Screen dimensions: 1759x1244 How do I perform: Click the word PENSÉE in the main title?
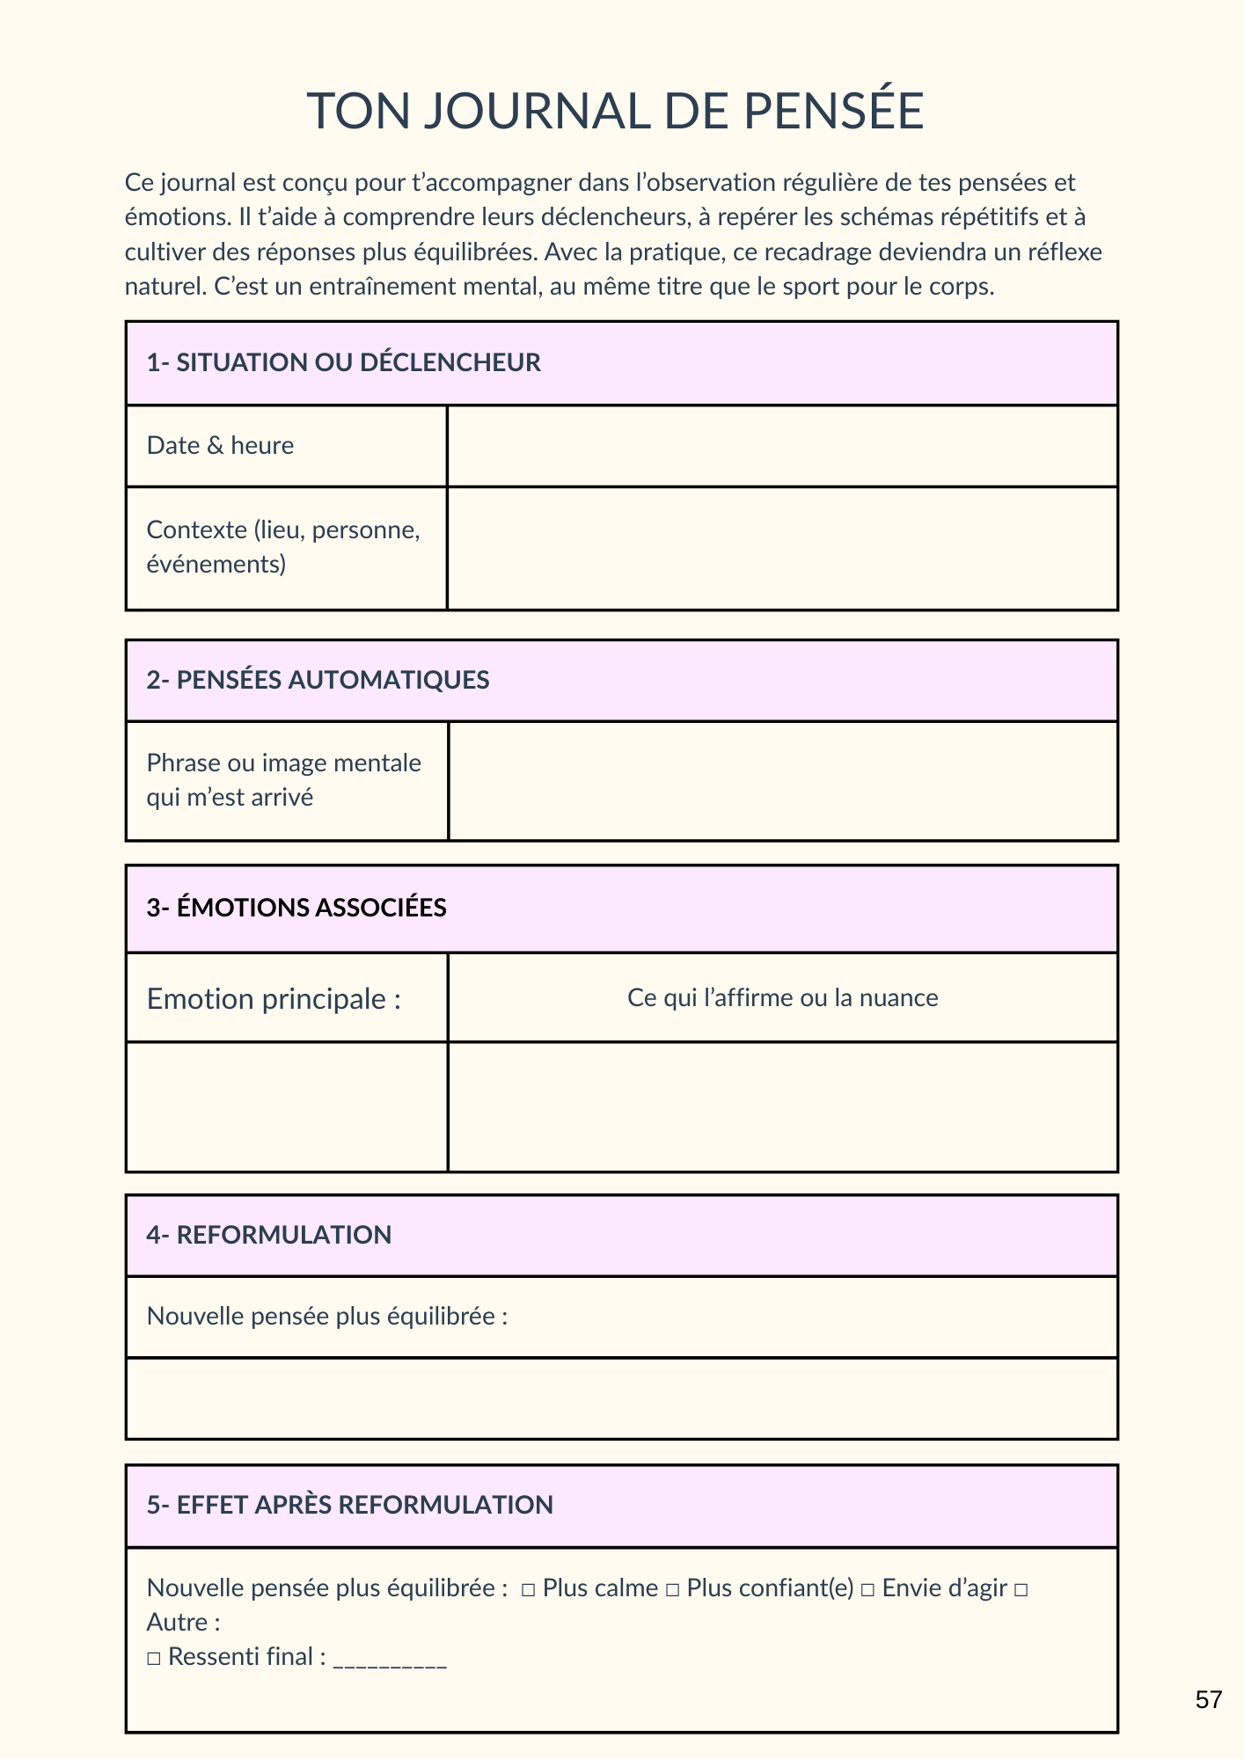(833, 111)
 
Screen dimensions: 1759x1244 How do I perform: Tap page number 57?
(1209, 1700)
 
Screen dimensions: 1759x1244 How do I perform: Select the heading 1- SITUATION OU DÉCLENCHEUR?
(343, 362)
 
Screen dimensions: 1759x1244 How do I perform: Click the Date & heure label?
(220, 446)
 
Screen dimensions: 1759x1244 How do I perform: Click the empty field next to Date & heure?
(782, 446)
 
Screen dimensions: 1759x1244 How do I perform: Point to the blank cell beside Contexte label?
(782, 548)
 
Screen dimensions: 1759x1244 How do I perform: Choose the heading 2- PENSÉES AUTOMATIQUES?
(318, 680)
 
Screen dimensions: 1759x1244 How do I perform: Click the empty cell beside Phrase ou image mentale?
(782, 781)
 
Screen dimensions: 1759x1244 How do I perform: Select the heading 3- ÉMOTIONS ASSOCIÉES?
(296, 908)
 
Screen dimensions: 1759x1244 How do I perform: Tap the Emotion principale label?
(274, 999)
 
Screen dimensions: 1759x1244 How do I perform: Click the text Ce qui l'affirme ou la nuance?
(782, 998)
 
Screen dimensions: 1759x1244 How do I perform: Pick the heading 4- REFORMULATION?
(268, 1235)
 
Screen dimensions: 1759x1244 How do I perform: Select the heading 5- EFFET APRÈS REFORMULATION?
(349, 1505)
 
